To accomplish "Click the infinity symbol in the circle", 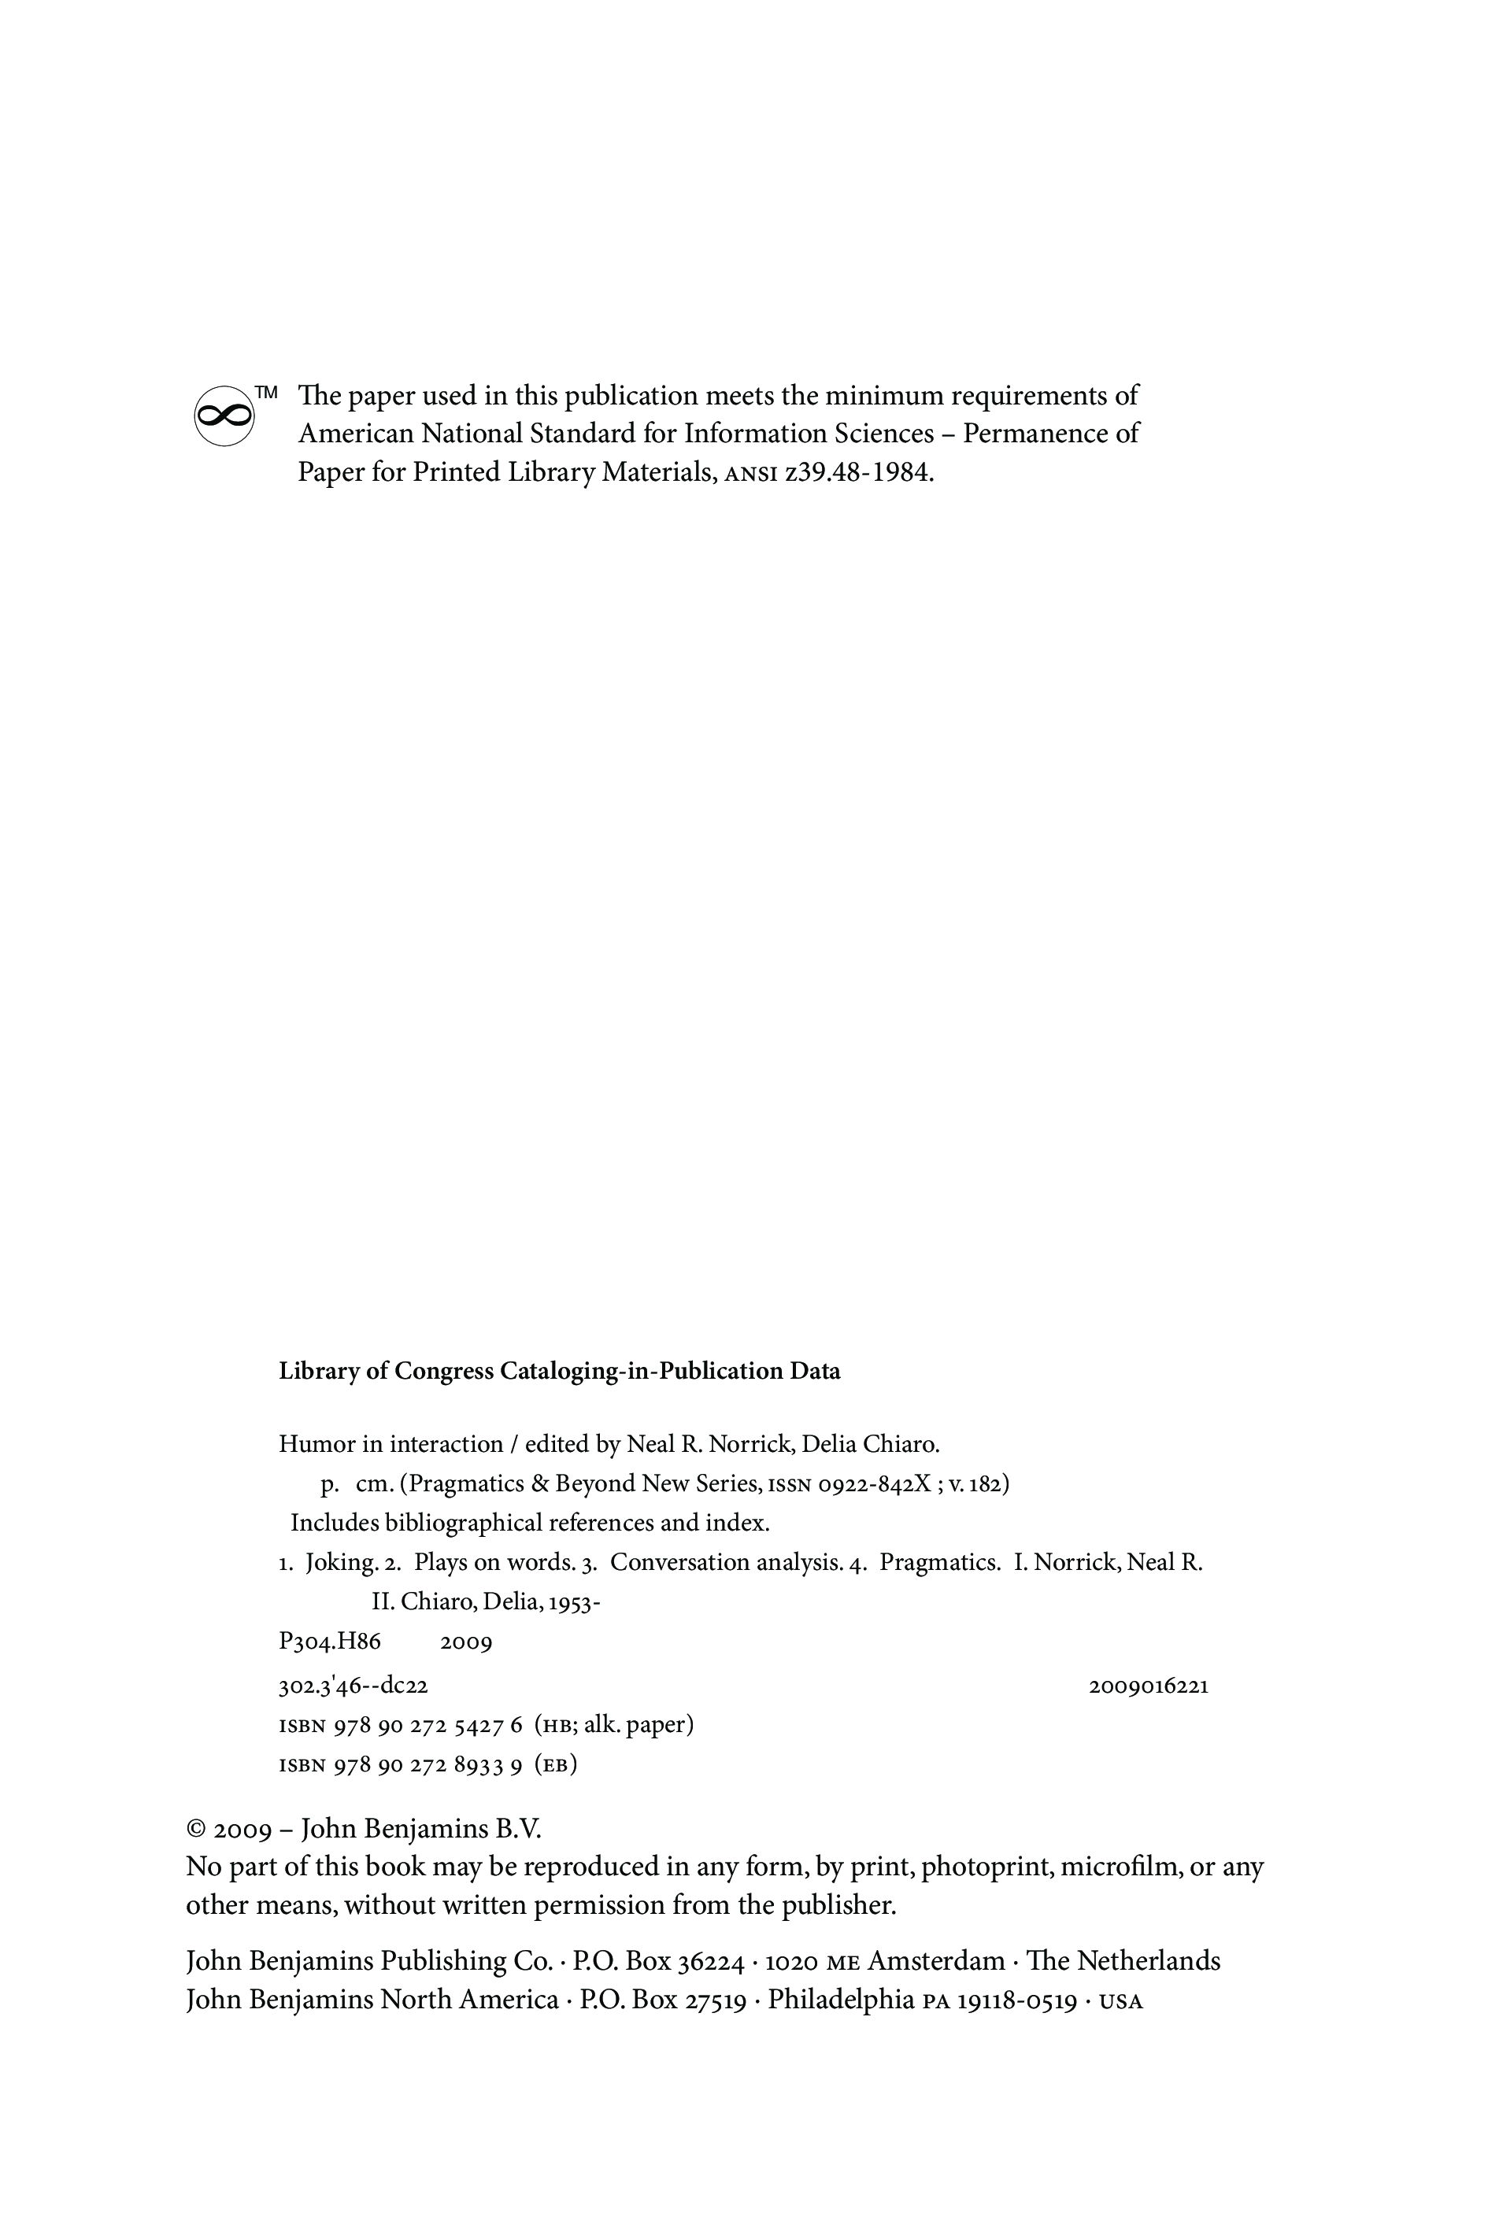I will (x=224, y=416).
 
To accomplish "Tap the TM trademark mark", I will (x=267, y=392).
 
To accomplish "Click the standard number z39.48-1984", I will (x=858, y=472).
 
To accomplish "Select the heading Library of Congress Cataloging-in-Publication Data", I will (x=559, y=1372).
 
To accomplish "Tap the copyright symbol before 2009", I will (x=197, y=1830).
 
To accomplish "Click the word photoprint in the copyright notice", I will (x=987, y=1867).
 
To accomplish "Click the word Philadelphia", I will (x=841, y=2000).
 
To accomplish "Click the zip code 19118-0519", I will (x=1016, y=2000).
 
